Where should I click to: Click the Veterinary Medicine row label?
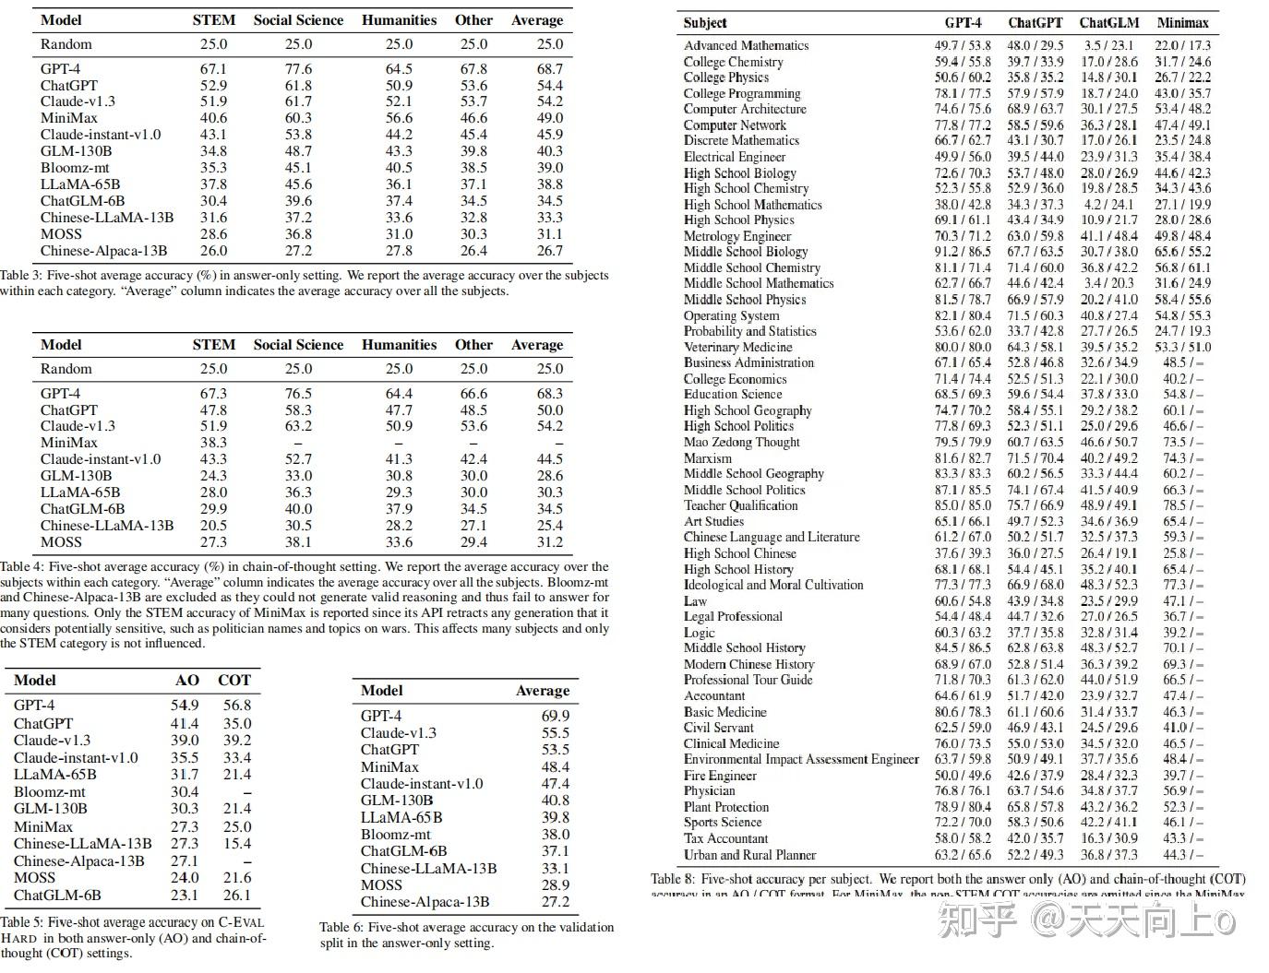(737, 347)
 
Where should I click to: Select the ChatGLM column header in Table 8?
(1109, 22)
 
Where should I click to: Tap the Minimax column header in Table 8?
(1182, 22)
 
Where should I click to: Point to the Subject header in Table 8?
(705, 22)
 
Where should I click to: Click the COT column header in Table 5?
(234, 680)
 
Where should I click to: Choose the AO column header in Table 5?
(187, 680)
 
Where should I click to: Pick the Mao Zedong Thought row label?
(741, 442)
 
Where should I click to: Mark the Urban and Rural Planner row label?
(749, 855)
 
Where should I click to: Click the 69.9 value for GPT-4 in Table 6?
(556, 716)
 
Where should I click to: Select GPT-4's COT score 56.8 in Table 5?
(236, 705)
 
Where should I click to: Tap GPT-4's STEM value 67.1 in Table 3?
(213, 68)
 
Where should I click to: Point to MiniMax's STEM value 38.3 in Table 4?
(213, 443)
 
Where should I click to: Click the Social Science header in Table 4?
(298, 345)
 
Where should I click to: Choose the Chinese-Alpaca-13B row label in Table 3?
(103, 251)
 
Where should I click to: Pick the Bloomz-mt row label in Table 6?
(396, 834)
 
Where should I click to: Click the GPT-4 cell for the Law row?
(962, 600)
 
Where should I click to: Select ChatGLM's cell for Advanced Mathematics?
(1108, 45)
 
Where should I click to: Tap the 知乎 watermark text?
(977, 920)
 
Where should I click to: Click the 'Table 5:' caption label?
(22, 921)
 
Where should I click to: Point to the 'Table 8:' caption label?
(671, 879)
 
